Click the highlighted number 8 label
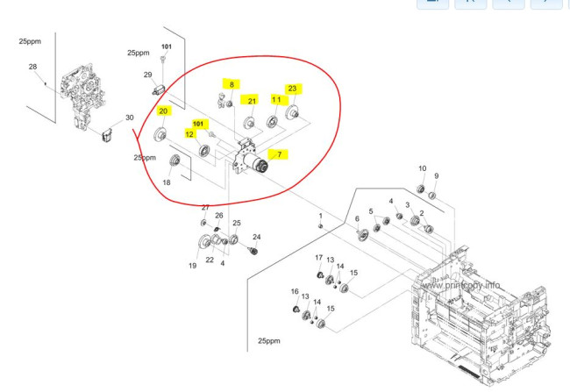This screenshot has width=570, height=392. (x=232, y=84)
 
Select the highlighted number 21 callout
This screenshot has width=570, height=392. (x=251, y=101)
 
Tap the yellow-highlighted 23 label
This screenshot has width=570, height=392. (x=292, y=89)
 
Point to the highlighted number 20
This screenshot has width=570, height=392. (x=164, y=111)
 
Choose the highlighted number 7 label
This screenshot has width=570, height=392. (x=279, y=155)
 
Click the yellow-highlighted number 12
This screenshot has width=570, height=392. (x=189, y=134)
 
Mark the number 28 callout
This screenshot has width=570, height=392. (x=32, y=68)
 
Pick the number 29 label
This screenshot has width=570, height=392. (x=148, y=75)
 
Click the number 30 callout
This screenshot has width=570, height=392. (x=129, y=118)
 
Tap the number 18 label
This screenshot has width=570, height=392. (x=167, y=182)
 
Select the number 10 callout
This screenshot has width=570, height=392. (x=422, y=168)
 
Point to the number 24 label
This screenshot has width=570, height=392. (x=257, y=237)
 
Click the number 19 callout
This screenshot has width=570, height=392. (x=192, y=266)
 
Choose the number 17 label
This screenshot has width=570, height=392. (x=319, y=256)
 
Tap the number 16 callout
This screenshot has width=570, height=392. (x=295, y=292)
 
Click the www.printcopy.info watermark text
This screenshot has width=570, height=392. (x=461, y=285)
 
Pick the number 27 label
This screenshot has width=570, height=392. (x=205, y=208)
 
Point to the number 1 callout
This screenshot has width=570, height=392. (x=320, y=216)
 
